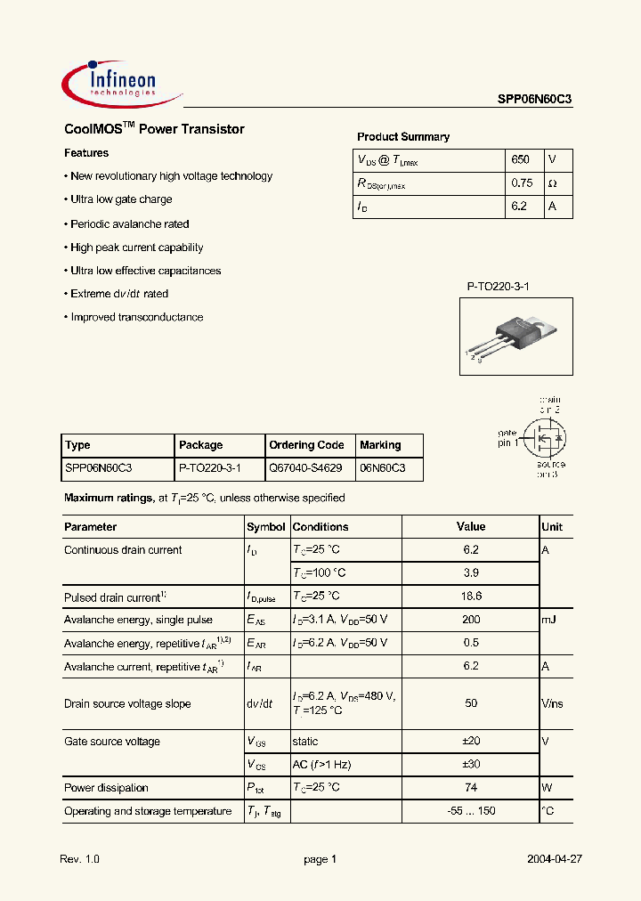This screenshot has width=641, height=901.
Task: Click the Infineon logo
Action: (x=122, y=82)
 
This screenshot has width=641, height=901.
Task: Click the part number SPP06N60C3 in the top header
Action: (x=534, y=101)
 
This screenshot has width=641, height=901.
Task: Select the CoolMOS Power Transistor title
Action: (x=154, y=129)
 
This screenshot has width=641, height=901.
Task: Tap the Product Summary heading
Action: (x=403, y=137)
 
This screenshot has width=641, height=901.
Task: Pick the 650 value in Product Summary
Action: (x=521, y=160)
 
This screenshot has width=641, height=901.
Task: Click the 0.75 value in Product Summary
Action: (x=523, y=183)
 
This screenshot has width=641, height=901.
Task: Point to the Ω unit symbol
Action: (x=553, y=183)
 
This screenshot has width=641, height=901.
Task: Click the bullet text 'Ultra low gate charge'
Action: (x=121, y=200)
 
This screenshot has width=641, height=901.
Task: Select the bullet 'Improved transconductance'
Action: (x=136, y=318)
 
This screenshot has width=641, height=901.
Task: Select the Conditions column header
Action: (x=320, y=527)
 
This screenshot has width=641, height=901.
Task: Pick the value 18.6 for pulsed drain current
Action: (x=471, y=597)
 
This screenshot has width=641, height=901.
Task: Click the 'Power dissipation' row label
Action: (x=106, y=788)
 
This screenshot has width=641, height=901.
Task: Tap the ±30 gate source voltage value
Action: (x=471, y=765)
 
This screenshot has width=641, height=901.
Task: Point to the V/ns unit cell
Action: (x=552, y=703)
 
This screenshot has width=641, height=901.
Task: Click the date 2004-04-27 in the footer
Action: (x=554, y=860)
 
